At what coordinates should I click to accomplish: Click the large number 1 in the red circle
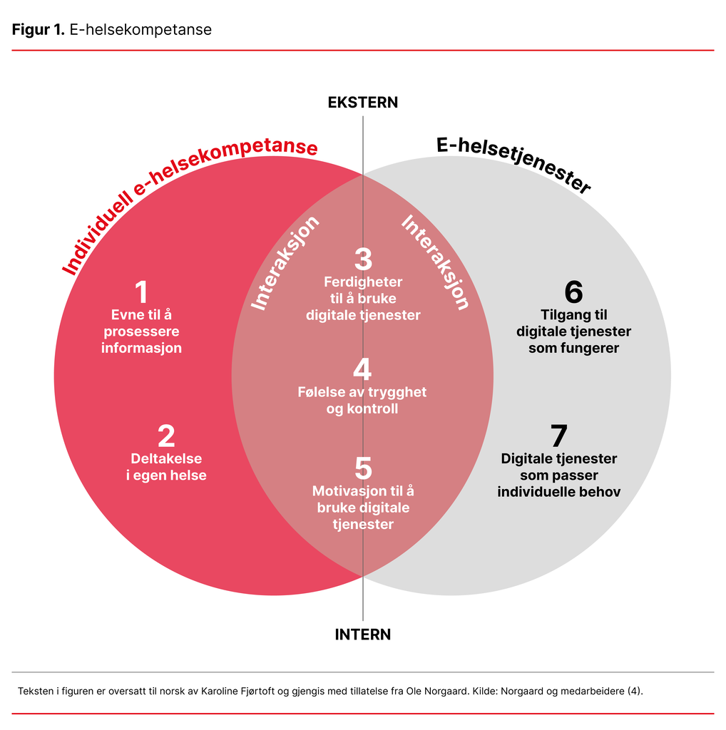[141, 293]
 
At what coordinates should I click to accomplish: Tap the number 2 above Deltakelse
[166, 437]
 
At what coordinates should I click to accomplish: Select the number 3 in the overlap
[363, 260]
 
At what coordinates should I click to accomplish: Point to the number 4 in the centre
[362, 370]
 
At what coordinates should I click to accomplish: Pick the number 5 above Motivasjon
[363, 468]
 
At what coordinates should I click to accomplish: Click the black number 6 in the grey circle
[573, 292]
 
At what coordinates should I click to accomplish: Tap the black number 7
[558, 436]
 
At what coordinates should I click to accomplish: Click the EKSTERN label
[363, 103]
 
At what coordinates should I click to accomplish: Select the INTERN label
[363, 634]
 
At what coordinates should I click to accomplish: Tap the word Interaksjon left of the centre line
[285, 263]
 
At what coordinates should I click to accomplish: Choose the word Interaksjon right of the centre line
[436, 262]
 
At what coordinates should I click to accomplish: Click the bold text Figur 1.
[38, 30]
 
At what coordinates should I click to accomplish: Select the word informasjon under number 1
[141, 349]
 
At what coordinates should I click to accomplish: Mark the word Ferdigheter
[363, 282]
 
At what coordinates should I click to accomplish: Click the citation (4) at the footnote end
[635, 691]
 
